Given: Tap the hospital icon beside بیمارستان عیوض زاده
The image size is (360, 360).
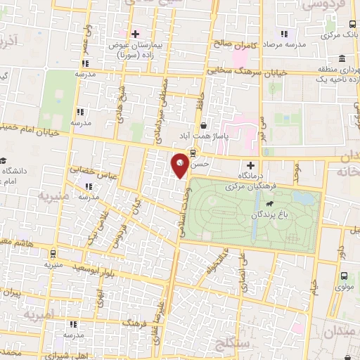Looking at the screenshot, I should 134,33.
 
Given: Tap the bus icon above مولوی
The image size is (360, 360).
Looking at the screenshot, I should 345,276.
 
